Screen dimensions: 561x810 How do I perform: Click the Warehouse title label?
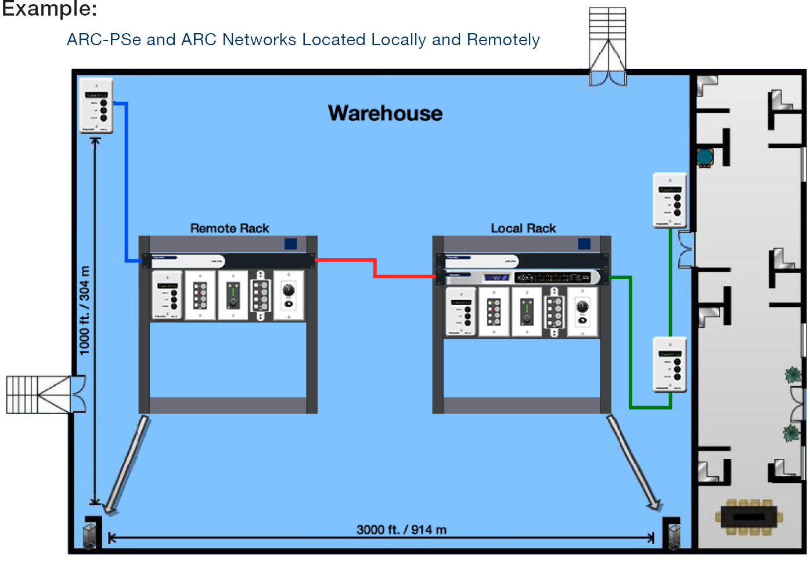tap(385, 113)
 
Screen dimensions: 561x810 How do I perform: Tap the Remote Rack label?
tap(229, 229)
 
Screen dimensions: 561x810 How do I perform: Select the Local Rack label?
tap(523, 229)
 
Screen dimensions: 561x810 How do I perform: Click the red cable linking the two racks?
tap(375, 269)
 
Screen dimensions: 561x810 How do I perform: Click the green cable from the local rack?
tap(630, 342)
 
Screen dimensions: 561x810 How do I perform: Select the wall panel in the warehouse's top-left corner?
tap(96, 106)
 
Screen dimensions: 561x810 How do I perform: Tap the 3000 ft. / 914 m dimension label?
tap(401, 530)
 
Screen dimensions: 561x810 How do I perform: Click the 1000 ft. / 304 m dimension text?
tap(85, 310)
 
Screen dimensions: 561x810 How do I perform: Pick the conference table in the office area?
tap(749, 516)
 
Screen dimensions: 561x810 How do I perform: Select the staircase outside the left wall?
tap(38, 394)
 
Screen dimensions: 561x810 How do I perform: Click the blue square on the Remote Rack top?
tap(291, 244)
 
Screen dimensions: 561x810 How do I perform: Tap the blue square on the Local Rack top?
tap(585, 244)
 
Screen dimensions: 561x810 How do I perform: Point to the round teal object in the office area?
tap(705, 157)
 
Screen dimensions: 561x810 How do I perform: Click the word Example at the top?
tap(49, 9)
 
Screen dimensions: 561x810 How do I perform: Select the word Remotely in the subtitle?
tap(503, 40)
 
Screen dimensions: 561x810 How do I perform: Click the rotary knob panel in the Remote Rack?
tap(289, 295)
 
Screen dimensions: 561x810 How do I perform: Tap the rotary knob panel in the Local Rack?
tap(582, 312)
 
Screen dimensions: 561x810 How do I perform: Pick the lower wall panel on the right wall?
tap(670, 365)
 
